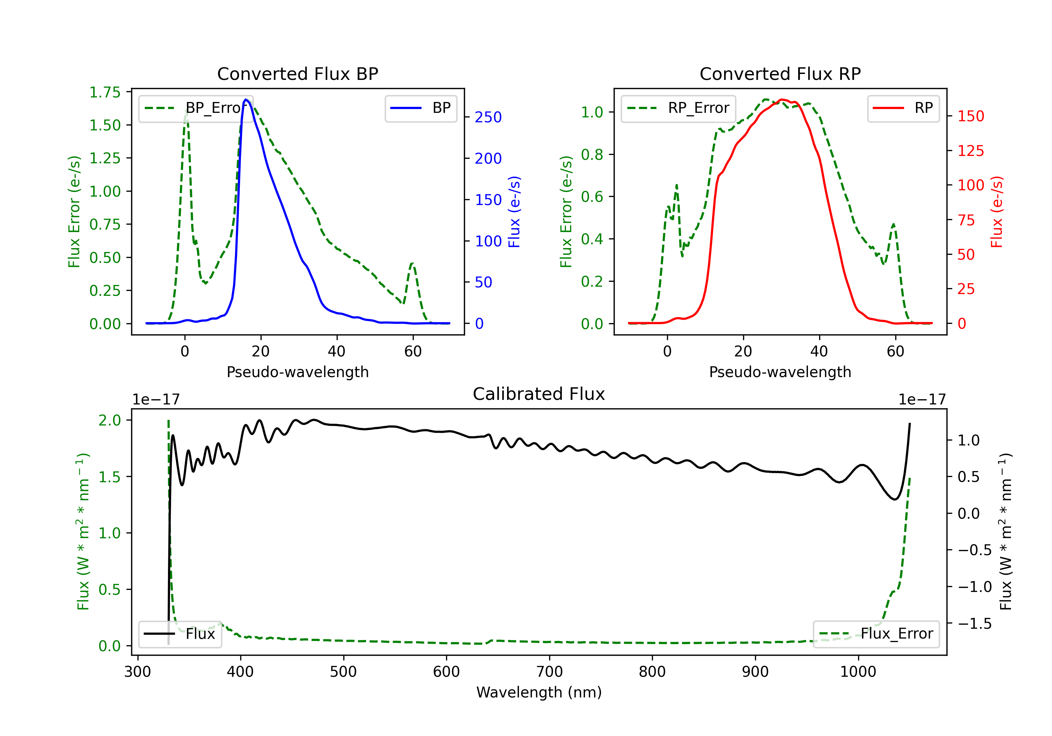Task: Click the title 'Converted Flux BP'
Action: tap(297, 74)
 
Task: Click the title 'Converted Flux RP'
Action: tap(780, 74)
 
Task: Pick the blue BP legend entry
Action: tap(420, 108)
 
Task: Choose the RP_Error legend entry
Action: tap(678, 108)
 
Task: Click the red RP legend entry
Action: tap(903, 108)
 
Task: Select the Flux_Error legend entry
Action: tap(876, 634)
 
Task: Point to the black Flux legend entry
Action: tap(180, 634)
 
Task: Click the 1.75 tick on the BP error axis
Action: tap(105, 93)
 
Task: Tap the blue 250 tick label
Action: tap(488, 117)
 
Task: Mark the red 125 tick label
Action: tap(970, 151)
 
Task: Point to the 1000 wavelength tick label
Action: tap(858, 672)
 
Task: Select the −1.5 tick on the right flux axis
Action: tap(974, 623)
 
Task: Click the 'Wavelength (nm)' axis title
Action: tap(539, 692)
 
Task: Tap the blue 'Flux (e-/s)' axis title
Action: tap(514, 212)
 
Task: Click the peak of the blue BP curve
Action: tap(246, 100)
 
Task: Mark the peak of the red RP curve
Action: tap(782, 100)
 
